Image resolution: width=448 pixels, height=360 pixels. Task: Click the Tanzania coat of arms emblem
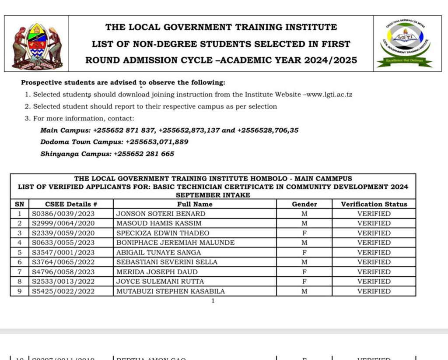pos(37,45)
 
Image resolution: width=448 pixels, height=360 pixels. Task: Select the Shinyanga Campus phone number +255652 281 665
pos(143,154)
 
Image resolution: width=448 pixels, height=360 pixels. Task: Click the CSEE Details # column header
pos(71,204)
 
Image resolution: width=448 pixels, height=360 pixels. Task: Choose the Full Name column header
pos(195,204)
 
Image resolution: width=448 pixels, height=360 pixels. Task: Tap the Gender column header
pos(304,204)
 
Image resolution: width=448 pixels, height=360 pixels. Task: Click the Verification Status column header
pos(374,204)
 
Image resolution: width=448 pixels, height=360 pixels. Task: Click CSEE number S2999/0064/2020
pos(63,223)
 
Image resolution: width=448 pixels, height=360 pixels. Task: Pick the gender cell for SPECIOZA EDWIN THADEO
pos(304,233)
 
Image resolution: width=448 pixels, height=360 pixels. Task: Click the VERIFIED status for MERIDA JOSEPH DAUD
pos(374,272)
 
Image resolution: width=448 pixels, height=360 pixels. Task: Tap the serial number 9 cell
pos(19,291)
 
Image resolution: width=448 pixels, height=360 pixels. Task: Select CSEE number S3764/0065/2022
pos(63,262)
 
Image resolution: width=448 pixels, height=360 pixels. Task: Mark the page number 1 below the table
pos(213,301)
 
